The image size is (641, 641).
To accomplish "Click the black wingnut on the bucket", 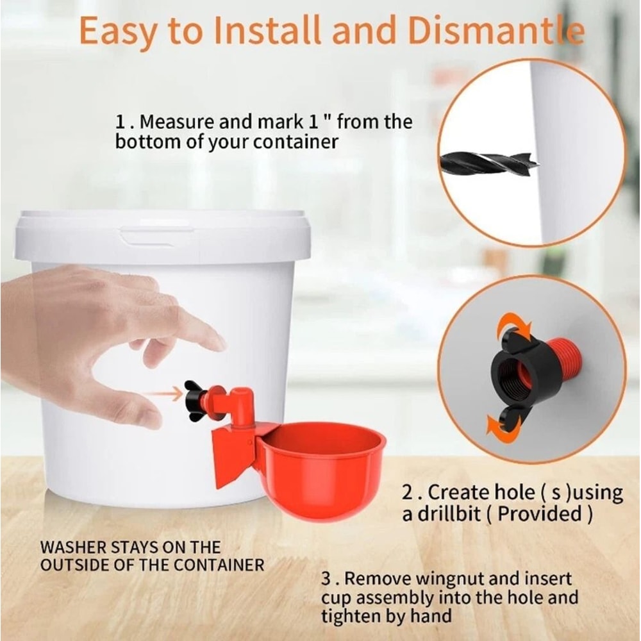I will pos(194,401).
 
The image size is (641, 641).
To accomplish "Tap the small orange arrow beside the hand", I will pos(163,394).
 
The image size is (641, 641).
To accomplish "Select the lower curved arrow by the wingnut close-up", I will pos(501,426).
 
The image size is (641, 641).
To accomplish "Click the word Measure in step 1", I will pos(177,122).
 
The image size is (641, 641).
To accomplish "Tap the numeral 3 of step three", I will pos(327,579).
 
